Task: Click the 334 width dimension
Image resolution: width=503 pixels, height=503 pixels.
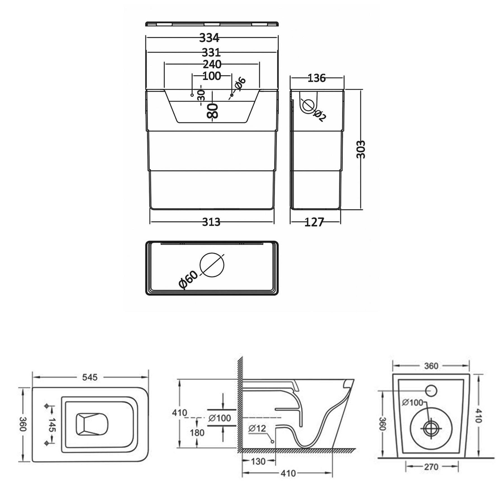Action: click(x=209, y=38)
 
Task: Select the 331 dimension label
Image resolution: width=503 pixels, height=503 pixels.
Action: click(x=211, y=53)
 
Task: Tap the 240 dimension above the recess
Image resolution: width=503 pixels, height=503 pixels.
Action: click(x=212, y=64)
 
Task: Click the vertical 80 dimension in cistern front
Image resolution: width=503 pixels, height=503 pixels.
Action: click(x=212, y=111)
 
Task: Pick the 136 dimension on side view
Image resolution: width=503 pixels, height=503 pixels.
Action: click(x=316, y=78)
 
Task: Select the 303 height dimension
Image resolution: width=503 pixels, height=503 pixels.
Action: click(x=361, y=149)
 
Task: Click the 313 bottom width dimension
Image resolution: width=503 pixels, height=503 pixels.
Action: click(x=211, y=222)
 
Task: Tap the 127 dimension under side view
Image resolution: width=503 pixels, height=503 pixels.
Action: click(x=314, y=222)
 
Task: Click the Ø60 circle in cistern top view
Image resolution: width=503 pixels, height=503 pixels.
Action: click(x=212, y=265)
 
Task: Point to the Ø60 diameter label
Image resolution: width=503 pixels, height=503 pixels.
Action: click(x=188, y=279)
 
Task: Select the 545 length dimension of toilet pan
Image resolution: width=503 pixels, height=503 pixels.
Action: click(x=90, y=377)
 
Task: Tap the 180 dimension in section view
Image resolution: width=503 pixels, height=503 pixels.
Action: click(x=197, y=433)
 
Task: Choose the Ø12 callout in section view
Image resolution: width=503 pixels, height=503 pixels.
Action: click(x=257, y=428)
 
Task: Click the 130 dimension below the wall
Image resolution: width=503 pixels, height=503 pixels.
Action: click(x=258, y=461)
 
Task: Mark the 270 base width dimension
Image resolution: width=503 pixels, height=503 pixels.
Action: click(x=431, y=467)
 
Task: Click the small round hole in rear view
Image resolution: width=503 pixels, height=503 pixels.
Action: click(x=431, y=391)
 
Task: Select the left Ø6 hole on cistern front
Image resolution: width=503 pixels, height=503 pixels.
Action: click(x=192, y=95)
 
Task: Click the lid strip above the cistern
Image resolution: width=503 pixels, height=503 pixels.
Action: click(x=212, y=24)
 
